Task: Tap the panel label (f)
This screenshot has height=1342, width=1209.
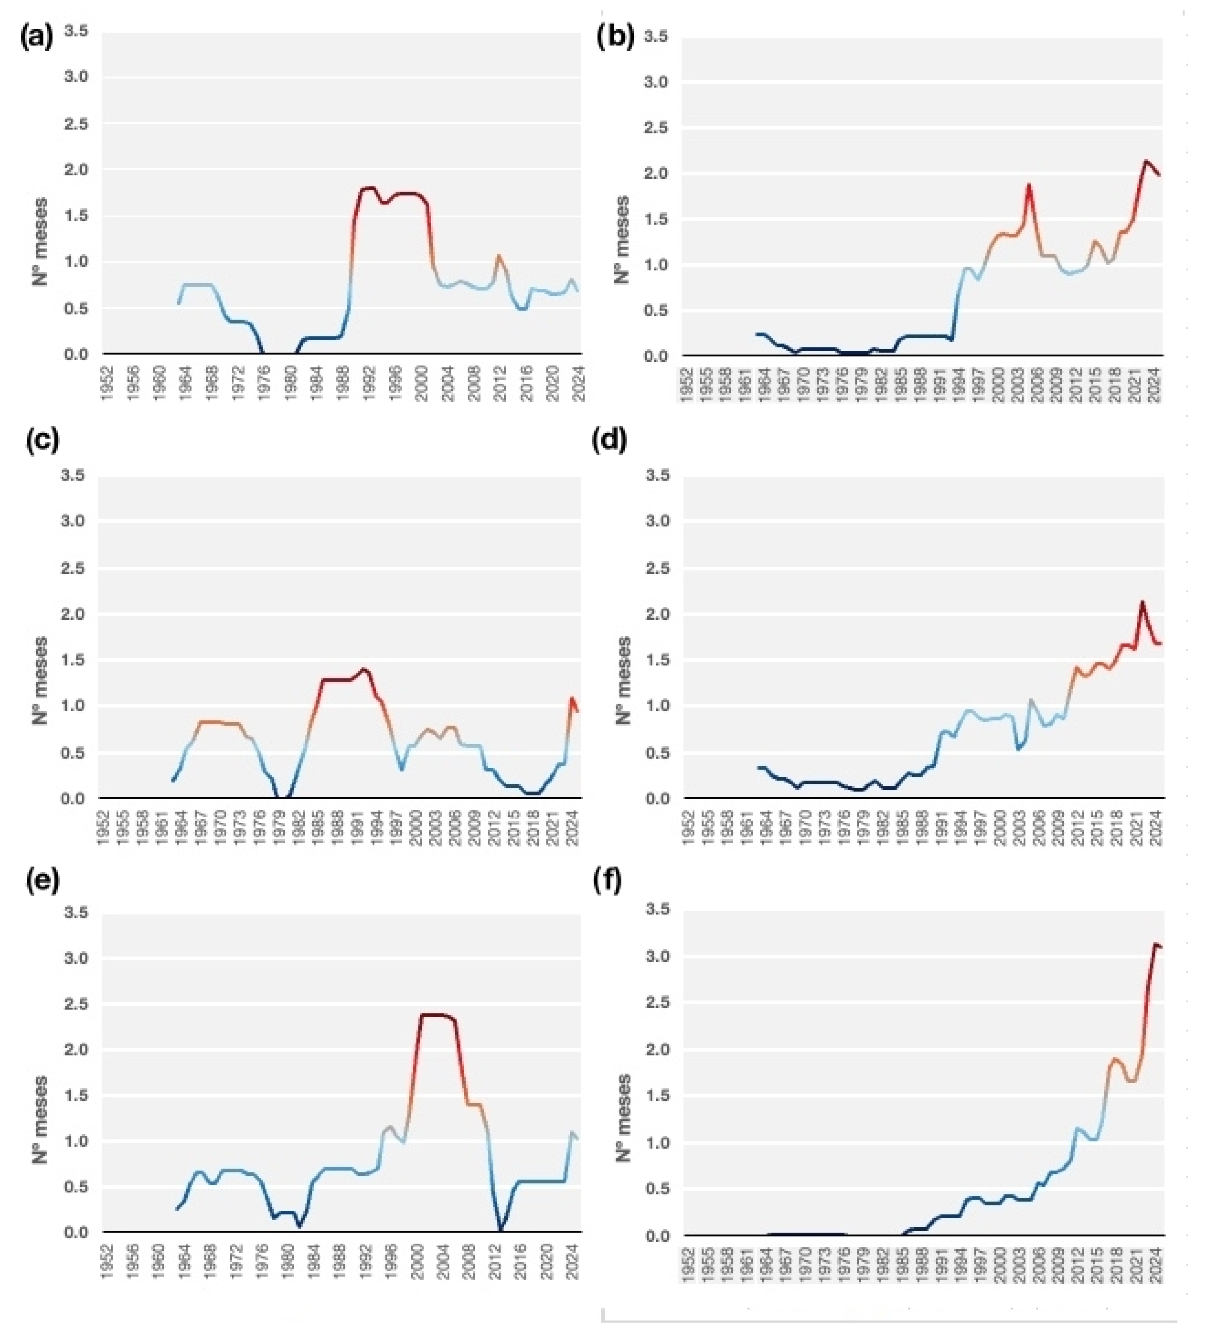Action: point(609,882)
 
